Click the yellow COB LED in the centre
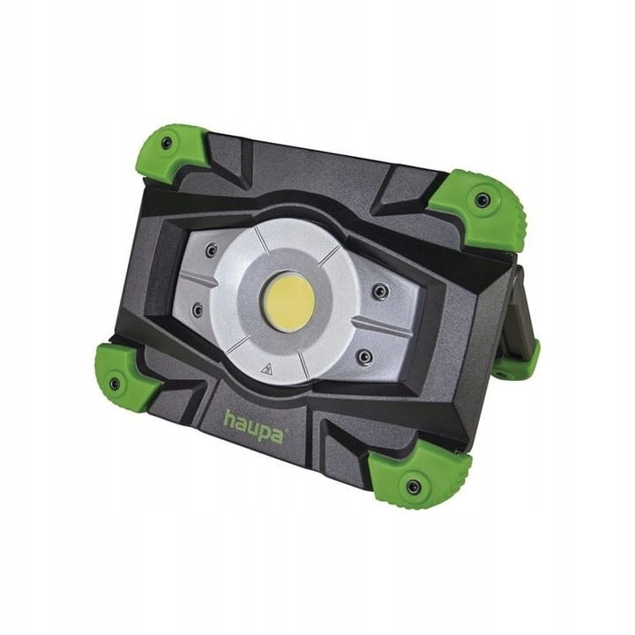[x=288, y=303]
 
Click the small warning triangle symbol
[x=266, y=369]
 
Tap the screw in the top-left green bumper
[x=166, y=143]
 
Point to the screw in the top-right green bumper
[x=482, y=199]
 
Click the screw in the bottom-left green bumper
[x=115, y=383]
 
